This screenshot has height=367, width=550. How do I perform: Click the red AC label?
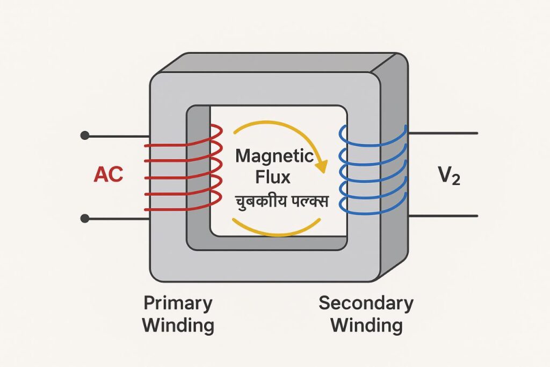pyautogui.click(x=108, y=175)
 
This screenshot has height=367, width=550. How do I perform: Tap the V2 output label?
pyautogui.click(x=448, y=175)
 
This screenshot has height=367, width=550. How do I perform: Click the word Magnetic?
pyautogui.click(x=274, y=157)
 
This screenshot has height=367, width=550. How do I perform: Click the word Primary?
pyautogui.click(x=178, y=303)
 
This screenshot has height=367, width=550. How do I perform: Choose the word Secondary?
pyautogui.click(x=366, y=303)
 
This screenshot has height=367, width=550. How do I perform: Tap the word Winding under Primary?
pyautogui.click(x=178, y=325)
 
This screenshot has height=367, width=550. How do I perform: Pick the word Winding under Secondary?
pyautogui.click(x=366, y=325)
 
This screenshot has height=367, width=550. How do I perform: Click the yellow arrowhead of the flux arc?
pyautogui.click(x=320, y=166)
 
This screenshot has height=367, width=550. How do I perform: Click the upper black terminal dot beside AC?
pyautogui.click(x=84, y=135)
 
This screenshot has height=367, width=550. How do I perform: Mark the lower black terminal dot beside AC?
pyautogui.click(x=84, y=218)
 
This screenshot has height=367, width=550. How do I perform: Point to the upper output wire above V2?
pyautogui.click(x=443, y=133)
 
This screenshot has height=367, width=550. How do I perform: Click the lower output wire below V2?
pyautogui.click(x=443, y=216)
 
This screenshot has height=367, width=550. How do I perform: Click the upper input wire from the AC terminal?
pyautogui.click(x=115, y=136)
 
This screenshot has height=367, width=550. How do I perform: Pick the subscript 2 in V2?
pyautogui.click(x=455, y=180)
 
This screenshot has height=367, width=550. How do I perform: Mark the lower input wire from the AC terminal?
pyautogui.click(x=115, y=218)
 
